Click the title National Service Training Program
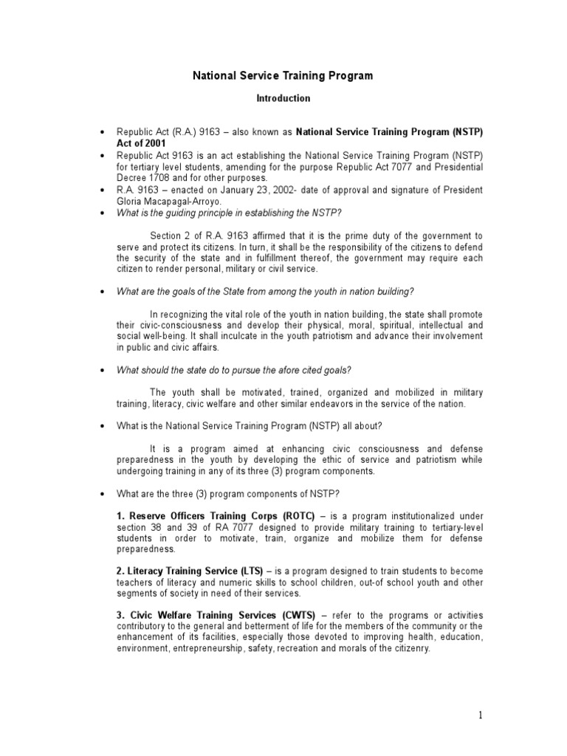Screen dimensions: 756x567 click(x=283, y=75)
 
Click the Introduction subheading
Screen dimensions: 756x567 click(x=283, y=97)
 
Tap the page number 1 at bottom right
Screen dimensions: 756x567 click(x=479, y=715)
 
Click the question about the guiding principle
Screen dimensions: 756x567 click(x=229, y=213)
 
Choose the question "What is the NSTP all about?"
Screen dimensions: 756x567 click(x=250, y=426)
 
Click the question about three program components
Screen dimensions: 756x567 click(x=227, y=493)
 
